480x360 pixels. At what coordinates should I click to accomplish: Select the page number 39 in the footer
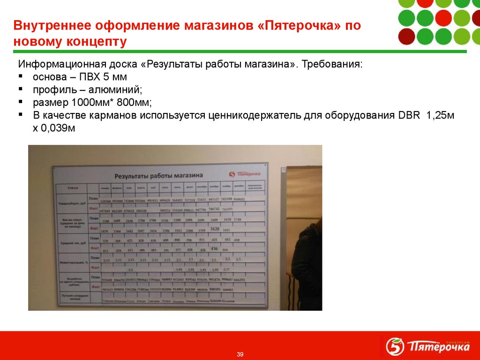[x=240, y=354]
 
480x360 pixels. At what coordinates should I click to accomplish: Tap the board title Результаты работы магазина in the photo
[x=159, y=175]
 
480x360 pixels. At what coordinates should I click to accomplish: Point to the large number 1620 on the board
[x=215, y=229]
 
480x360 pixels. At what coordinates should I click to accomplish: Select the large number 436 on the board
[x=215, y=248]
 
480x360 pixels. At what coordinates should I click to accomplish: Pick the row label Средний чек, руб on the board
[x=72, y=243]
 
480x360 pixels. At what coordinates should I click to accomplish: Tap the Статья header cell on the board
[x=72, y=187]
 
